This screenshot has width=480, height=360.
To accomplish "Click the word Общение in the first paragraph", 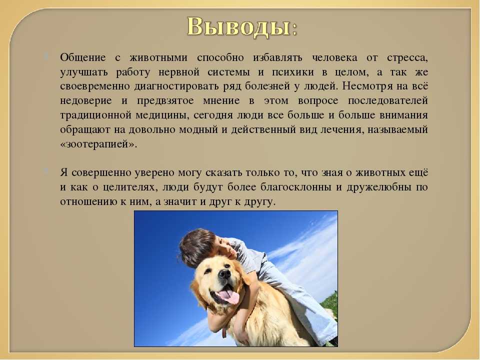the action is pos(83,57).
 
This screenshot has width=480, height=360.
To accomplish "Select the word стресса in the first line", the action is pos(407,58).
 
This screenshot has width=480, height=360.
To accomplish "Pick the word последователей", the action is pos(388,101).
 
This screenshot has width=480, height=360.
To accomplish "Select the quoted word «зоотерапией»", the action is pos(98,144).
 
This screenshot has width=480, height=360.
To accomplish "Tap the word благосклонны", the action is pos(296,187).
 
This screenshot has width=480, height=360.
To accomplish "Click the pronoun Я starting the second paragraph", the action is pos(63,172).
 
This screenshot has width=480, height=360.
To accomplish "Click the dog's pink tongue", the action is pos(228,296).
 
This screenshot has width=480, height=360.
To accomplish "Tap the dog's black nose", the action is pos(225,273).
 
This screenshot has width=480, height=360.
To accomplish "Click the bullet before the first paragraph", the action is pos(46,56).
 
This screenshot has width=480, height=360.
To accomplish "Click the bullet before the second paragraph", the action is pos(46,171).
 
